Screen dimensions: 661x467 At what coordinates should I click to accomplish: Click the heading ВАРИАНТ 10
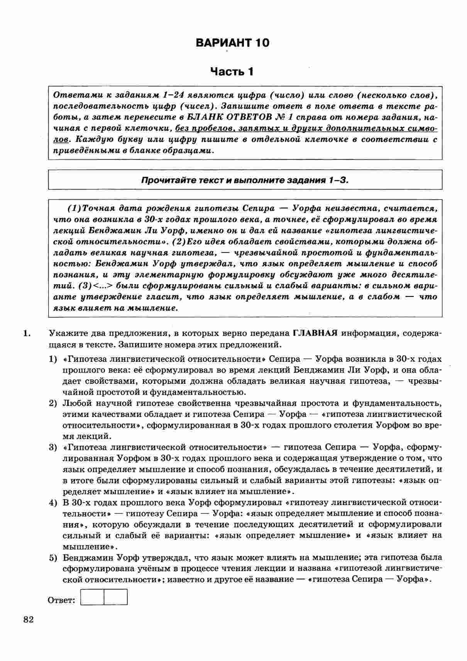click(232, 42)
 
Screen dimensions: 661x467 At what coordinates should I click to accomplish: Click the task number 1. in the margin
click(27, 333)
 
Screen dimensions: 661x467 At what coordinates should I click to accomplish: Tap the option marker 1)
click(53, 359)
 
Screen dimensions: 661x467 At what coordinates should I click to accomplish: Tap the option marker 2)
click(53, 403)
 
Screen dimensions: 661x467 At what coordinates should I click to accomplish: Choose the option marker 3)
click(53, 447)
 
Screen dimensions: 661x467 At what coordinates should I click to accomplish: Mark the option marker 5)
click(53, 558)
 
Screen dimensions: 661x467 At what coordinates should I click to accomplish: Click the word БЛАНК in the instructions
click(204, 117)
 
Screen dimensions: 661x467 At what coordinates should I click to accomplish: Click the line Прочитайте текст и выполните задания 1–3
click(245, 180)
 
